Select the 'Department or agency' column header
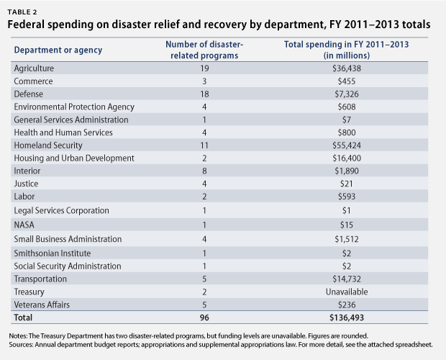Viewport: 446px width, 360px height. click(58, 50)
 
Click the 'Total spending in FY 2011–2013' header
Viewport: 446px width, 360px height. click(348, 50)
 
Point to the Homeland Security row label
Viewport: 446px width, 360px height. click(48, 145)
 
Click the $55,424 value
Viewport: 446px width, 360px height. click(348, 145)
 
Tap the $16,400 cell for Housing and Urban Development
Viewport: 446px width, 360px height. click(348, 158)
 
